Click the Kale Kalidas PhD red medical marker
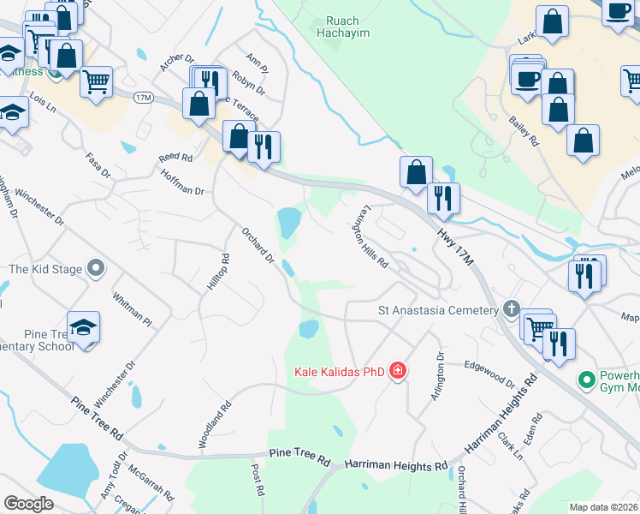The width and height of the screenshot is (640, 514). coord(397,371)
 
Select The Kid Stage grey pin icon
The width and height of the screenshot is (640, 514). coord(96,269)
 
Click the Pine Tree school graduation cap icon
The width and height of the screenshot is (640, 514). coord(84,327)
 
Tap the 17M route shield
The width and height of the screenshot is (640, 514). coord(143,99)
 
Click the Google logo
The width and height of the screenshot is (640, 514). coord(28,504)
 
